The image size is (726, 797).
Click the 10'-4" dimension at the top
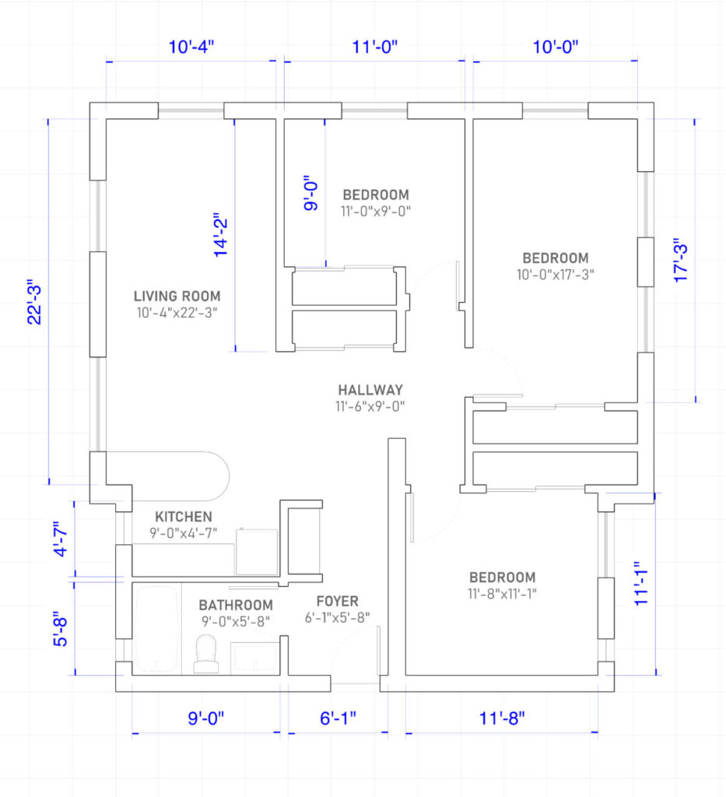(x=191, y=47)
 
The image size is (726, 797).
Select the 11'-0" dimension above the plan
(x=375, y=47)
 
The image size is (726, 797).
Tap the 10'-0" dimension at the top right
(x=556, y=47)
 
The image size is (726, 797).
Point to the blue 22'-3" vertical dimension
(x=34, y=301)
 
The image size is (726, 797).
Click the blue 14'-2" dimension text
(x=220, y=235)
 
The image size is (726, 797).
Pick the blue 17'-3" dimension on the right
(x=680, y=260)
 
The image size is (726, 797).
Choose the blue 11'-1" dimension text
(x=641, y=584)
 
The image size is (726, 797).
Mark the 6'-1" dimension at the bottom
(x=338, y=718)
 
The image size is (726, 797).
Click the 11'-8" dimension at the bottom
(x=502, y=718)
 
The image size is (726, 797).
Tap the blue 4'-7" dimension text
(x=60, y=539)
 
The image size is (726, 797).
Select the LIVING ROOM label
(x=177, y=296)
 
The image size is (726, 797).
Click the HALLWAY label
(x=370, y=390)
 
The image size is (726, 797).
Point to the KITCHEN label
(x=184, y=517)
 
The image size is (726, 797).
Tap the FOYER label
(x=338, y=602)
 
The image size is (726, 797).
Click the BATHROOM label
(x=236, y=605)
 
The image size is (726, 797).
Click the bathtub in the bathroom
(x=156, y=629)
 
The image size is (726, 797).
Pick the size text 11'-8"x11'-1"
(x=502, y=594)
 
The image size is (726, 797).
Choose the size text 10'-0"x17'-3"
(x=556, y=275)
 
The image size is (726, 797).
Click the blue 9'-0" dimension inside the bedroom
(x=311, y=193)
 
